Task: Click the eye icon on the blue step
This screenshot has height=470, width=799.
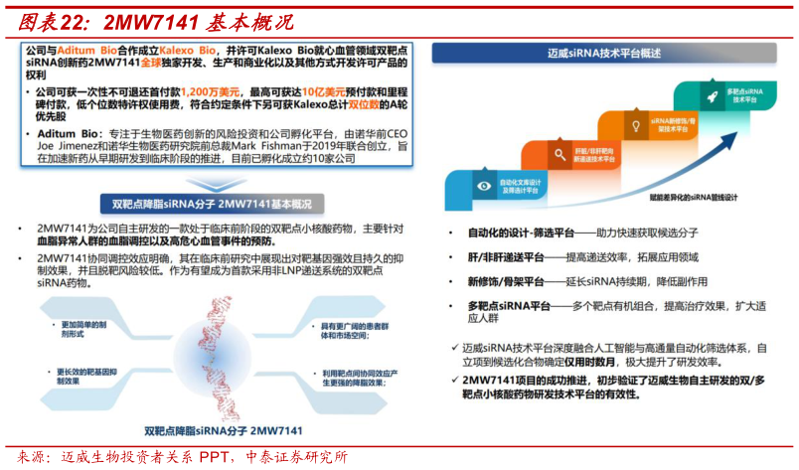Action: pos(484,185)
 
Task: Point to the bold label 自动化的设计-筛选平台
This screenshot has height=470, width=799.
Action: pos(521,233)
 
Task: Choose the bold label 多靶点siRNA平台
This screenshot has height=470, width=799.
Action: pos(509,306)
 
